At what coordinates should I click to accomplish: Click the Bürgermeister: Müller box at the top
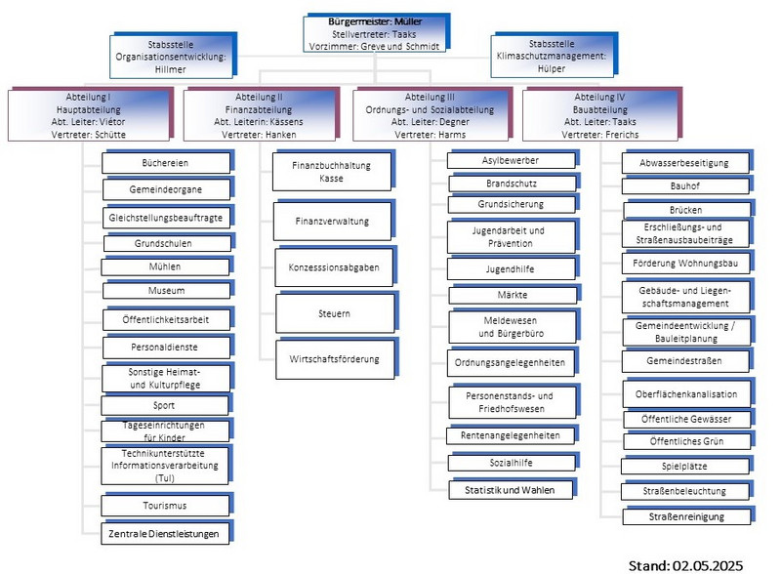pyautogui.click(x=376, y=33)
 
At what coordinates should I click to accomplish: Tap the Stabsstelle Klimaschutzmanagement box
pyautogui.click(x=552, y=58)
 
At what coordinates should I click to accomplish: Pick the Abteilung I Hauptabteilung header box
pyautogui.click(x=89, y=115)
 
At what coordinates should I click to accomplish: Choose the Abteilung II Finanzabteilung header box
pyautogui.click(x=258, y=115)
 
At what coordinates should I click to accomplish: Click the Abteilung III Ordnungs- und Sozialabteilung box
pyautogui.click(x=435, y=115)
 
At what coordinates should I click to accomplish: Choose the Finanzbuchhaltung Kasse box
pyautogui.click(x=331, y=172)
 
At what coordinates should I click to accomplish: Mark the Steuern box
pyautogui.click(x=333, y=313)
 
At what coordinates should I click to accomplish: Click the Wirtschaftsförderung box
pyautogui.click(x=334, y=358)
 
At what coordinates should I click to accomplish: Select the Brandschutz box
pyautogui.click(x=511, y=183)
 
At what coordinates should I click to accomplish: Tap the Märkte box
pyautogui.click(x=511, y=295)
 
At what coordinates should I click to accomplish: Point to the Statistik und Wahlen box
pyautogui.click(x=511, y=489)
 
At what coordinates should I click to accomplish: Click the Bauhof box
pyautogui.click(x=686, y=185)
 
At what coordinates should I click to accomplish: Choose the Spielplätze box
pyautogui.click(x=686, y=467)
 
